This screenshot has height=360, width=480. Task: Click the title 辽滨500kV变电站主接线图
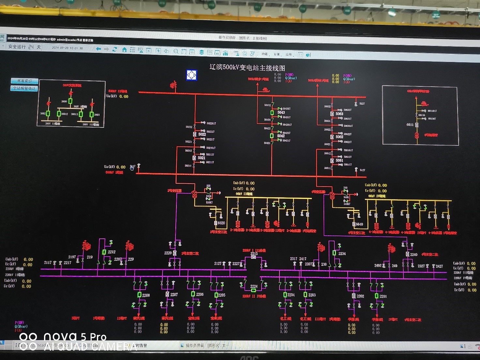(x=247, y=67)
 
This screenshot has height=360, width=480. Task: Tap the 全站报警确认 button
(x=24, y=88)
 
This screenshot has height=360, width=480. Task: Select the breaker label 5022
(x=202, y=134)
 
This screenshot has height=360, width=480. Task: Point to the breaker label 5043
(x=281, y=112)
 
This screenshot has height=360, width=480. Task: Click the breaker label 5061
(x=339, y=160)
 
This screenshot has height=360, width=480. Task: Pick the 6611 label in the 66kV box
(x=410, y=125)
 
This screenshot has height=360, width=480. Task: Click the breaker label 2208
(x=146, y=295)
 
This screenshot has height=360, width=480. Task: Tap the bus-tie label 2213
(x=254, y=254)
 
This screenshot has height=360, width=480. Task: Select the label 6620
(x=221, y=223)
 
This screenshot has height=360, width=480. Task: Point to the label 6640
(x=359, y=224)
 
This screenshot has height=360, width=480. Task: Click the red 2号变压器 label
(x=174, y=190)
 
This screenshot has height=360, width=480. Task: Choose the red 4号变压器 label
(x=318, y=192)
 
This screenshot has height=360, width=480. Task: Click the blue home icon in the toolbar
(x=124, y=50)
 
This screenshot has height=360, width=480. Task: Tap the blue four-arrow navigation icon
(x=191, y=75)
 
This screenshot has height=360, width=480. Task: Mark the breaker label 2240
(x=414, y=255)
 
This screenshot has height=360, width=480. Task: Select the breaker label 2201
(x=383, y=296)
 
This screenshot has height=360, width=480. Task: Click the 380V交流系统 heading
(x=72, y=85)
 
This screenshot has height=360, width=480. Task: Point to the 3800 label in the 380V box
(x=64, y=101)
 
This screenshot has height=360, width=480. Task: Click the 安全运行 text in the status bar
(x=17, y=47)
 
